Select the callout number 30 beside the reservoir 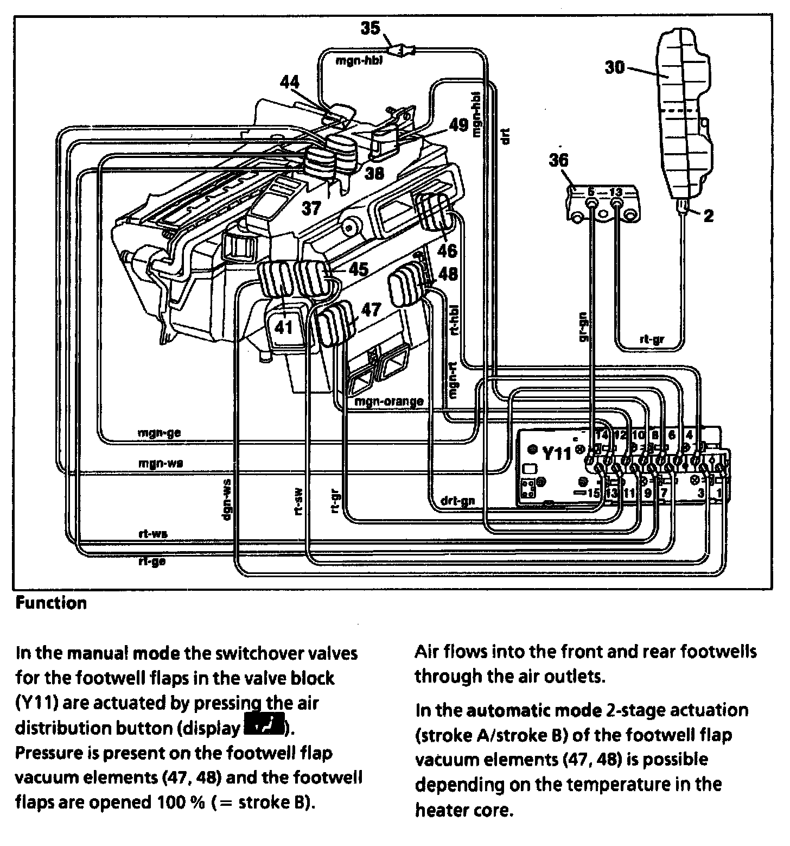coord(615,67)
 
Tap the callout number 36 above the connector coord(559,161)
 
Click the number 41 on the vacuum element coord(283,327)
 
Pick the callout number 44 coord(290,83)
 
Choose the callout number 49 coord(458,125)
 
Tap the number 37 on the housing coord(312,207)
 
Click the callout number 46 coord(448,250)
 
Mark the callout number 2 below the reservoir coord(708,216)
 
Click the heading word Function coord(51,603)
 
